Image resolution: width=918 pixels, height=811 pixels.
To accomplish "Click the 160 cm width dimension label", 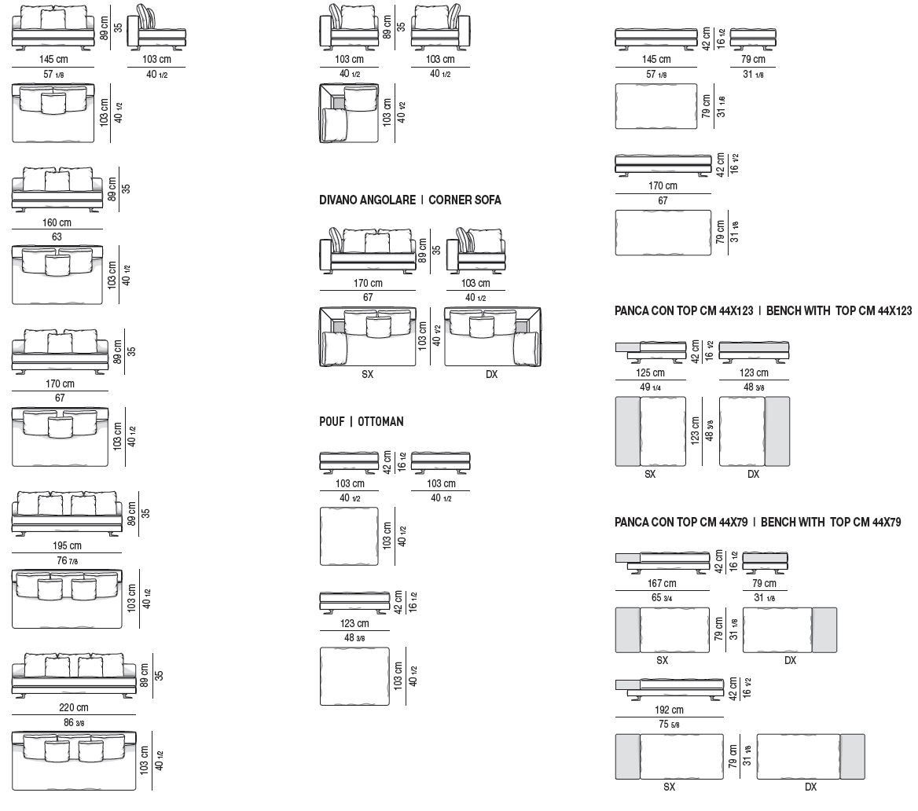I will pyautogui.click(x=57, y=222).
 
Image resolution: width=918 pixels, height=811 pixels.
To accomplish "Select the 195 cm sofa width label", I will pyautogui.click(x=68, y=546).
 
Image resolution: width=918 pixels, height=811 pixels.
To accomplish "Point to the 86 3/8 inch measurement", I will pyautogui.click(x=74, y=722).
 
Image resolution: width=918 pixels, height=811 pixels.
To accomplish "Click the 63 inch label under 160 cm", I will pyautogui.click(x=57, y=237).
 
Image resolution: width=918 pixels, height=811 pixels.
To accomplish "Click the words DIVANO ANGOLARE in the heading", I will pyautogui.click(x=367, y=200).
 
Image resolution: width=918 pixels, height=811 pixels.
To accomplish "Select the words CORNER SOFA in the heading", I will pyautogui.click(x=465, y=200).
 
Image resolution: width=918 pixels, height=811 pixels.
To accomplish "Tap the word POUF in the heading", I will pyautogui.click(x=331, y=421).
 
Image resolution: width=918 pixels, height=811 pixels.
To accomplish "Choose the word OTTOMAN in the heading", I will pyautogui.click(x=380, y=421).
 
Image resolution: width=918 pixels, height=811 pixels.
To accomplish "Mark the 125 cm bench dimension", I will pyautogui.click(x=651, y=372).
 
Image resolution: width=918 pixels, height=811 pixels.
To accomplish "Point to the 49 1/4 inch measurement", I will pyautogui.click(x=651, y=387).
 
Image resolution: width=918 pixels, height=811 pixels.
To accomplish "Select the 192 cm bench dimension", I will pyautogui.click(x=668, y=710).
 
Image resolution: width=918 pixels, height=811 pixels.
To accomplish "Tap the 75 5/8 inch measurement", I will pyautogui.click(x=668, y=725).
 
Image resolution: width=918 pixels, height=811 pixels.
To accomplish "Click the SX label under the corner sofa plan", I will pyautogui.click(x=367, y=375).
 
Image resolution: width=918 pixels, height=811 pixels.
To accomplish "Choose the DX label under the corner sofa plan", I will pyautogui.click(x=491, y=375).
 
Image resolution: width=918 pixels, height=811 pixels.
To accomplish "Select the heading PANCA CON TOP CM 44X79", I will pyautogui.click(x=681, y=522).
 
